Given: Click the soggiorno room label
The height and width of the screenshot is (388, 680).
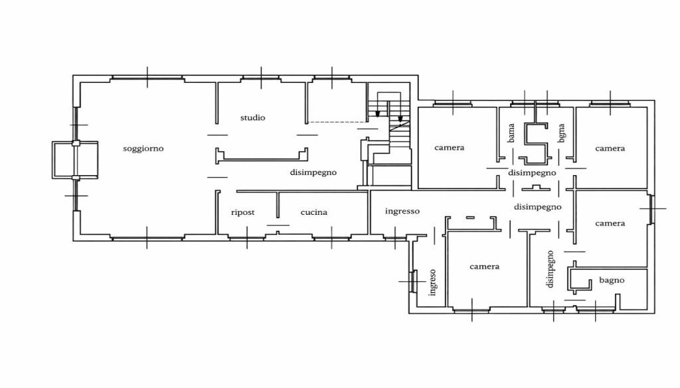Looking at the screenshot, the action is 143,149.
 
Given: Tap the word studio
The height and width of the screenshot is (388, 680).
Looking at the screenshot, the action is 253,117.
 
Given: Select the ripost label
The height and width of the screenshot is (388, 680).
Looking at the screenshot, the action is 243,212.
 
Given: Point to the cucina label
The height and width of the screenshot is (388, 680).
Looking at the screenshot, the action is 314,212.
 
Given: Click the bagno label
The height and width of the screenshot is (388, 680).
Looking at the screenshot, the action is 612,280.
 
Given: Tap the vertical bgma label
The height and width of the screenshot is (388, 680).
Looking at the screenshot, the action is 562,133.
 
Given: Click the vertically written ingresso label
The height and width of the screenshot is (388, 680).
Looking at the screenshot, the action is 432,283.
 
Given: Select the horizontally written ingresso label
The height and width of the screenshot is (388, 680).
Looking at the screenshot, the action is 402,212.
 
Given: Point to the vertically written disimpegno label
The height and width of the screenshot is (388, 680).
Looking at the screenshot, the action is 551,269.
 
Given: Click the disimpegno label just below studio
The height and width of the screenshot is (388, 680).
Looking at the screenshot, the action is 313,172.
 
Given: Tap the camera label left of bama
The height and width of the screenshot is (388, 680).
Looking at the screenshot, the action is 450,148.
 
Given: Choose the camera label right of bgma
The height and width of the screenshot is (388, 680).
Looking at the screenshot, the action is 610,149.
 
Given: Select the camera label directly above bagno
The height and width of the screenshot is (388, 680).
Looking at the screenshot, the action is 610,224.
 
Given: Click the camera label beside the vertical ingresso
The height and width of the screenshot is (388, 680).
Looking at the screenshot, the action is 484,267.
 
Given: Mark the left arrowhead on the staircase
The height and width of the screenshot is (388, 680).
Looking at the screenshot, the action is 378,113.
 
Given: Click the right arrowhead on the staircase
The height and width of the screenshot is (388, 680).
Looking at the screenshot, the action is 400,118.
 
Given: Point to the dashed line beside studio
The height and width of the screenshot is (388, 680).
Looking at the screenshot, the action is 337,122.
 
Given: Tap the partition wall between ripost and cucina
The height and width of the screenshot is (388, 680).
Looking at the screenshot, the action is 278,205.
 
